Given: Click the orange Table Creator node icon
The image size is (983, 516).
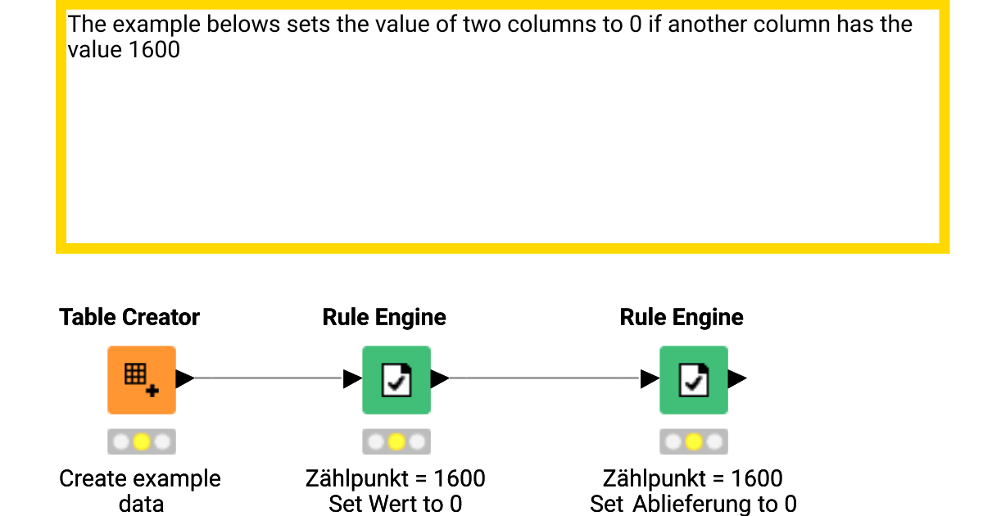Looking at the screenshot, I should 141,379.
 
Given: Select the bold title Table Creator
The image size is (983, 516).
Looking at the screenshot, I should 129,317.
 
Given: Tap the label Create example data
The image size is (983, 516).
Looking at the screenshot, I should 140,491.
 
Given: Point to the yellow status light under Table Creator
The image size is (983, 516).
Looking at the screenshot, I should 141,442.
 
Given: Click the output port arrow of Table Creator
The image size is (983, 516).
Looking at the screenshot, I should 185,378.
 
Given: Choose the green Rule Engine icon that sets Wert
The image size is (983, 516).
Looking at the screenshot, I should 396,379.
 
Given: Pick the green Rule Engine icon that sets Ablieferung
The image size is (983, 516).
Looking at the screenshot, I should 694,379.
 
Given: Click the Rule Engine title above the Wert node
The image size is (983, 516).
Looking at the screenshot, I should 384,317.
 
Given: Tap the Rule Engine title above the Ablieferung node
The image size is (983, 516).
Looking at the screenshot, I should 682,317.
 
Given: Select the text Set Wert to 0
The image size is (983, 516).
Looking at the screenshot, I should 396,504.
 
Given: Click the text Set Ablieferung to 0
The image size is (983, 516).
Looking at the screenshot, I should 693,504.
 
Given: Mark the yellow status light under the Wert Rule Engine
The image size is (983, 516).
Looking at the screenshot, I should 396,442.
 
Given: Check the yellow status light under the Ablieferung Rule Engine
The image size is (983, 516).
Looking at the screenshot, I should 694,442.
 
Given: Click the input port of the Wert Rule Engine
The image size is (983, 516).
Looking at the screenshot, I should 352,378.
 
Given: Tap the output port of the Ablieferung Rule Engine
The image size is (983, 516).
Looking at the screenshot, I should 737,378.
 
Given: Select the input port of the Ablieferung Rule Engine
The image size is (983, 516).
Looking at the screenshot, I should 650,378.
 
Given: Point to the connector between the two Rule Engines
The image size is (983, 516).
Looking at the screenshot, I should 545,378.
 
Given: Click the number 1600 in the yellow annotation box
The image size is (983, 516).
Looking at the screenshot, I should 155,50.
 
